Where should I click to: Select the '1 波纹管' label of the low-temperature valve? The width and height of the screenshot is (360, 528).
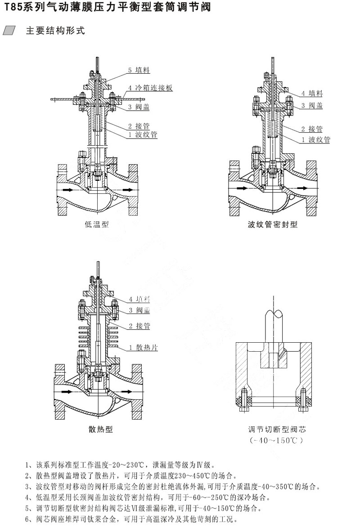[143, 134]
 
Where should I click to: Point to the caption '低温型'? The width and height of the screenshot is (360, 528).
[96, 224]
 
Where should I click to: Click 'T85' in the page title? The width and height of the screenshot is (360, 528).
[12, 8]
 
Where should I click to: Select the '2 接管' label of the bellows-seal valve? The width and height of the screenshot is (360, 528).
[315, 129]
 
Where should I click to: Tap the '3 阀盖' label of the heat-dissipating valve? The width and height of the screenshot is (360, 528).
[139, 311]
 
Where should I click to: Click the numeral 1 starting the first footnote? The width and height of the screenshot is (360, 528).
[28, 465]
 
